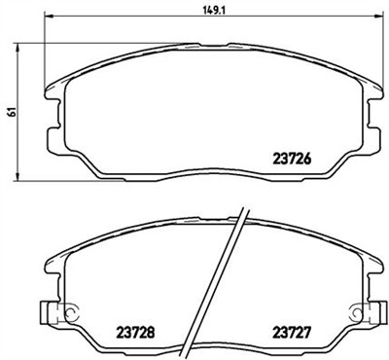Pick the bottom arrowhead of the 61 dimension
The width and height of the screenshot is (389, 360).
[x=22, y=177]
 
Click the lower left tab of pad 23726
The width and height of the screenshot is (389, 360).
[x=88, y=173]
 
